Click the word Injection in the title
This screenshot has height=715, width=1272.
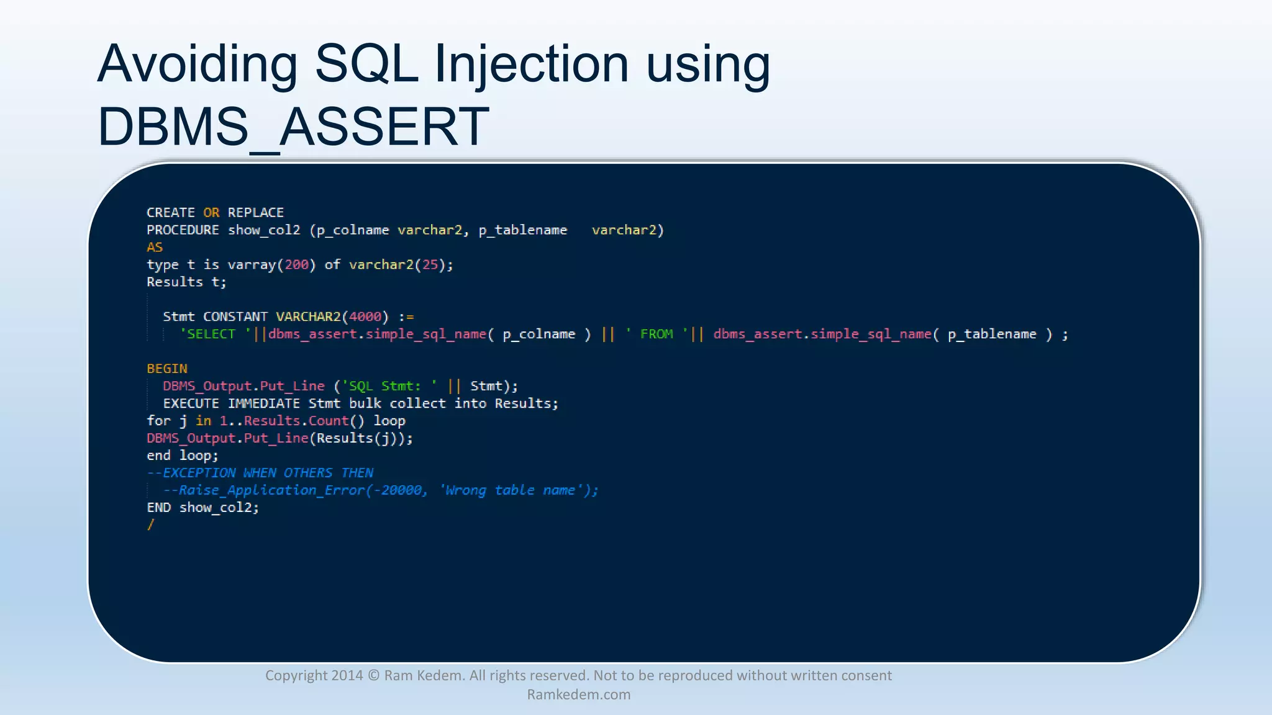[531, 65]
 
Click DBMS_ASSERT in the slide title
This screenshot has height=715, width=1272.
[293, 127]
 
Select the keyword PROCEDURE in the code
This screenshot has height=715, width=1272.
[183, 230]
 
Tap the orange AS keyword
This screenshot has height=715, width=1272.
[155, 248]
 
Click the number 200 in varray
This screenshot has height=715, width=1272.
[296, 265]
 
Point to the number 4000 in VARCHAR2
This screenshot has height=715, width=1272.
[365, 317]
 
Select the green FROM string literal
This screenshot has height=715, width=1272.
[656, 335]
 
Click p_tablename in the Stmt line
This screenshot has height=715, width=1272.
[992, 335]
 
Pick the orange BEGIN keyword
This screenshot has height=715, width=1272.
[166, 369]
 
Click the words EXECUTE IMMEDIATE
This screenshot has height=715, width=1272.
[232, 404]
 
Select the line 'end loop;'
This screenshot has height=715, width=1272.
[183, 456]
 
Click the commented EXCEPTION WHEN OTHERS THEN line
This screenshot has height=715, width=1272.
[260, 474]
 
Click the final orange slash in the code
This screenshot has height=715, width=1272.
[150, 525]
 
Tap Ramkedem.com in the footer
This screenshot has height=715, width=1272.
[579, 695]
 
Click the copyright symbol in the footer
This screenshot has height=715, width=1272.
[373, 676]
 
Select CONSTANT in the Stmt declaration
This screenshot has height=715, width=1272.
[235, 317]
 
